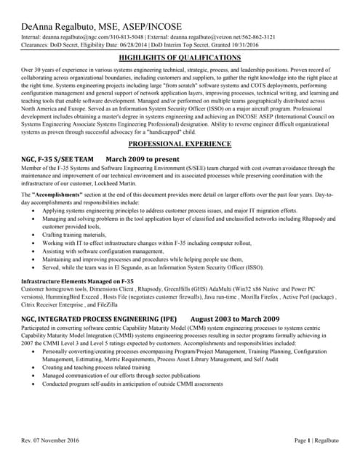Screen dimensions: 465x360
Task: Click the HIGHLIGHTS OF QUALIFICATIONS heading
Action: [179, 57]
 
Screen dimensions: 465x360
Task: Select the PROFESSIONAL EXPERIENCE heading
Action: [180, 145]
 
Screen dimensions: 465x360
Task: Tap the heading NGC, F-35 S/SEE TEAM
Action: [57, 158]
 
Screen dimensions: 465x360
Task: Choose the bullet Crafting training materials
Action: [74, 235]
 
